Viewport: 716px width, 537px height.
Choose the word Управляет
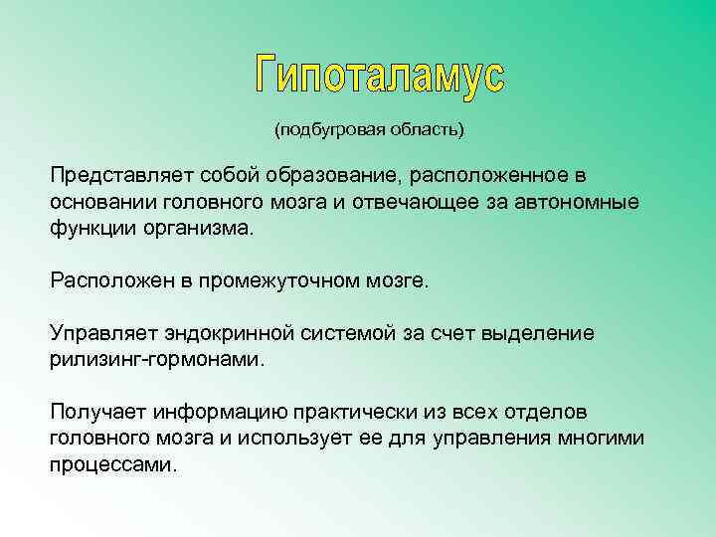tap(97, 333)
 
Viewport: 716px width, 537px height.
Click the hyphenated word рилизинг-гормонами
tap(158, 359)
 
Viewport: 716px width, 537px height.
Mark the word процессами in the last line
tap(112, 464)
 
